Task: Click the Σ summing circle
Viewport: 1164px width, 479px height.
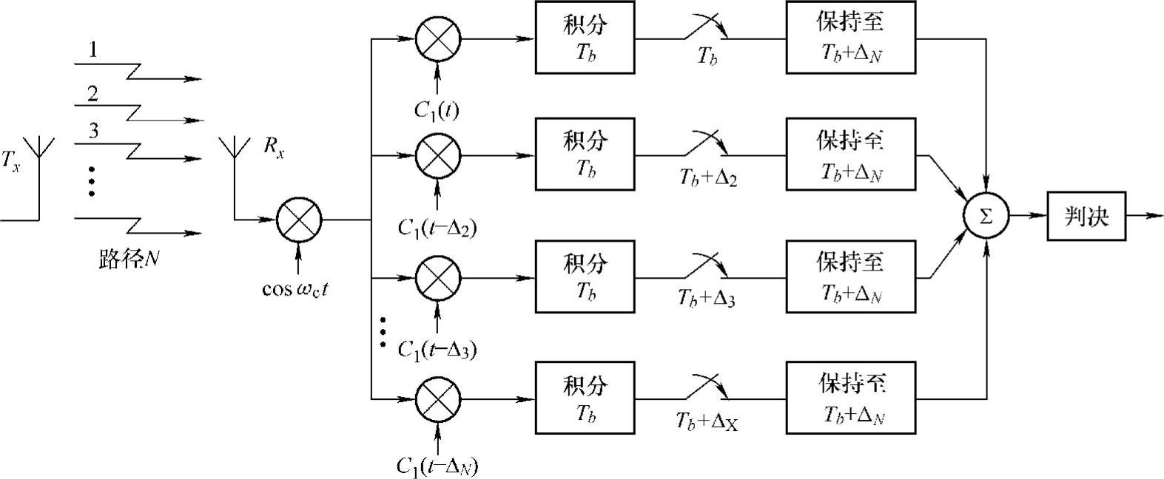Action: (986, 216)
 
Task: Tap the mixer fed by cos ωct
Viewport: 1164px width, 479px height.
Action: (299, 220)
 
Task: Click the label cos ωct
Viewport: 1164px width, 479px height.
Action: (295, 289)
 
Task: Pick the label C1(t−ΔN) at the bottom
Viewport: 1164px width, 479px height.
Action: (437, 466)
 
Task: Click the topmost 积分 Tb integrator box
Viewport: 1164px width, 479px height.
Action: (585, 37)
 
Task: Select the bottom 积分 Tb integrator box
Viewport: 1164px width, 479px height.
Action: (585, 398)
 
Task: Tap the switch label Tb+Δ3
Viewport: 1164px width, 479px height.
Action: (706, 298)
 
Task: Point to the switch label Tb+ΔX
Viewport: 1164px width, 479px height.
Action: (707, 421)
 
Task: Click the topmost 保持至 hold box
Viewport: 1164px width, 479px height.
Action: (850, 37)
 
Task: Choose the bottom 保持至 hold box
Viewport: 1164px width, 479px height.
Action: (850, 398)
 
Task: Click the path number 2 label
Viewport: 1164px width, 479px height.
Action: (92, 94)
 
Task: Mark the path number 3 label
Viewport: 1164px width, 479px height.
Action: (93, 132)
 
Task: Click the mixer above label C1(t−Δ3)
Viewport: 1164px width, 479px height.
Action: (438, 279)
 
